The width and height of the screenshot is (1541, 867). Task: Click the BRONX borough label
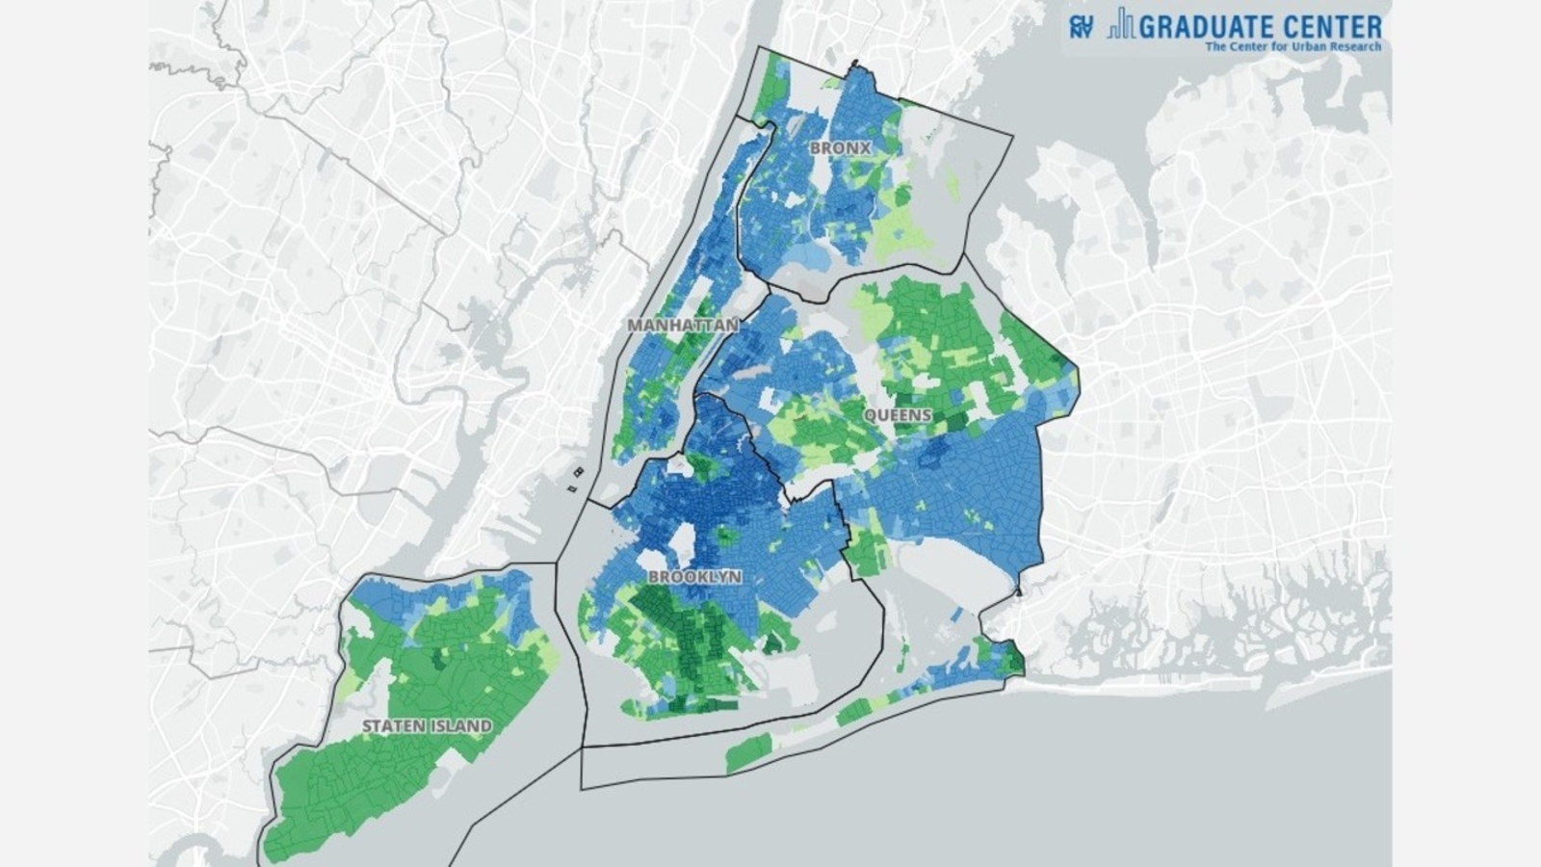pos(840,148)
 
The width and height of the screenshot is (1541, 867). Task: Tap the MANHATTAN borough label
pos(683,325)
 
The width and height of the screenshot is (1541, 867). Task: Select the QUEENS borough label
pos(898,415)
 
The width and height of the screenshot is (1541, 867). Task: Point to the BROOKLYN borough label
pos(694,576)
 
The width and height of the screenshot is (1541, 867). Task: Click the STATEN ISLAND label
pos(427,725)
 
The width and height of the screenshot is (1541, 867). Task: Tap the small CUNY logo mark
pos(1081,26)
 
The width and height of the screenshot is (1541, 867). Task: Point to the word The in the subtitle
pos(1216,46)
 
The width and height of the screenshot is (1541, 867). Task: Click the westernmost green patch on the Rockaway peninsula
pos(747,752)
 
